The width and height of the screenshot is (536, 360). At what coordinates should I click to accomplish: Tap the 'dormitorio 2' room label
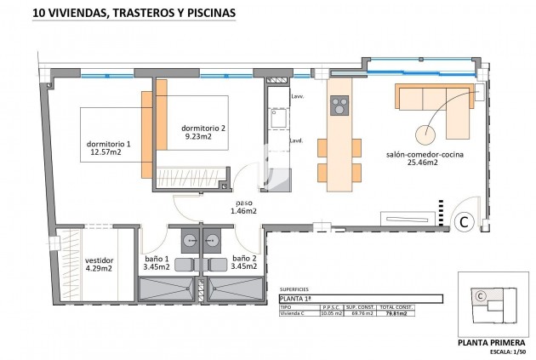[204, 132]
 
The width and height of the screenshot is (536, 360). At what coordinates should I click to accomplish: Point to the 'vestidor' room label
[99, 265]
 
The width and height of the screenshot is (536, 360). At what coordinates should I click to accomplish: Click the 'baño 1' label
[156, 262]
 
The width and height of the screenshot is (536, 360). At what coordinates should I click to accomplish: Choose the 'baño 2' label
[244, 262]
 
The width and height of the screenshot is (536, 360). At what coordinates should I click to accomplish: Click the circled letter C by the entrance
[465, 222]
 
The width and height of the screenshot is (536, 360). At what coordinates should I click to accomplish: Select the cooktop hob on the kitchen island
[339, 106]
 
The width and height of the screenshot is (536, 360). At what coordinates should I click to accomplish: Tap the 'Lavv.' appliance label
[297, 97]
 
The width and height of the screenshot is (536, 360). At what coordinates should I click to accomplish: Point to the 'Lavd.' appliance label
[297, 140]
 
